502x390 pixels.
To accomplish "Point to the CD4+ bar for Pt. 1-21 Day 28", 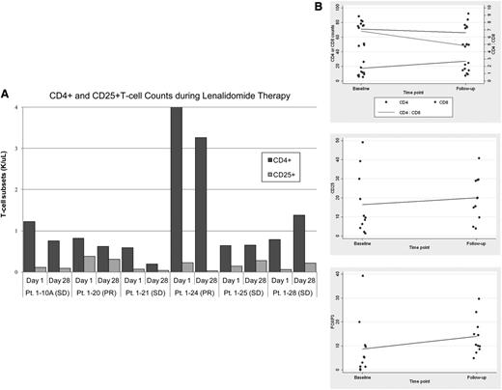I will tap(152, 267).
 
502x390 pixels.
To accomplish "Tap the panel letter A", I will tap(7, 94).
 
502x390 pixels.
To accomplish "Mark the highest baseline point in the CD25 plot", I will tap(362, 143).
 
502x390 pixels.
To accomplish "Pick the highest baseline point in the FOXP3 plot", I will tap(362, 276).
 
